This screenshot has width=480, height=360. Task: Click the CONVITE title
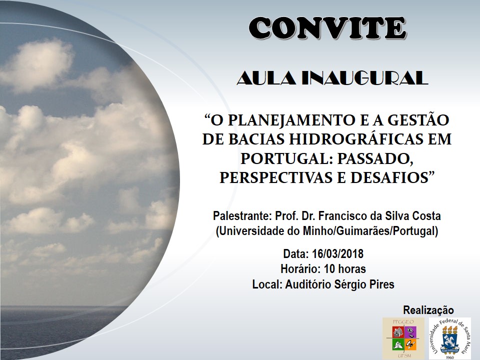tap(327, 28)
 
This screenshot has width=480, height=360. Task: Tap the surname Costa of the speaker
tap(425, 216)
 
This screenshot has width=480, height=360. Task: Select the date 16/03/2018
tap(337, 253)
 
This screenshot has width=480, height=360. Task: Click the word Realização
tap(428, 309)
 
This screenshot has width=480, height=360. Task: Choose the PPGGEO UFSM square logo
tap(403, 338)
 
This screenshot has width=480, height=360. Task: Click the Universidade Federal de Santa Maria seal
tap(449, 338)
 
